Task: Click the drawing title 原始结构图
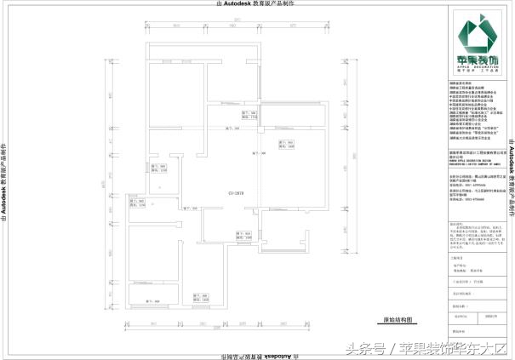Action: tap(398, 321)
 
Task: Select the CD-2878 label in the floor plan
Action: tap(212, 194)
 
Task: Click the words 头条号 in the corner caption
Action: tap(365, 348)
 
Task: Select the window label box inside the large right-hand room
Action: tap(285, 145)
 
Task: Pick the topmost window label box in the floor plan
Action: tap(256, 114)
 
